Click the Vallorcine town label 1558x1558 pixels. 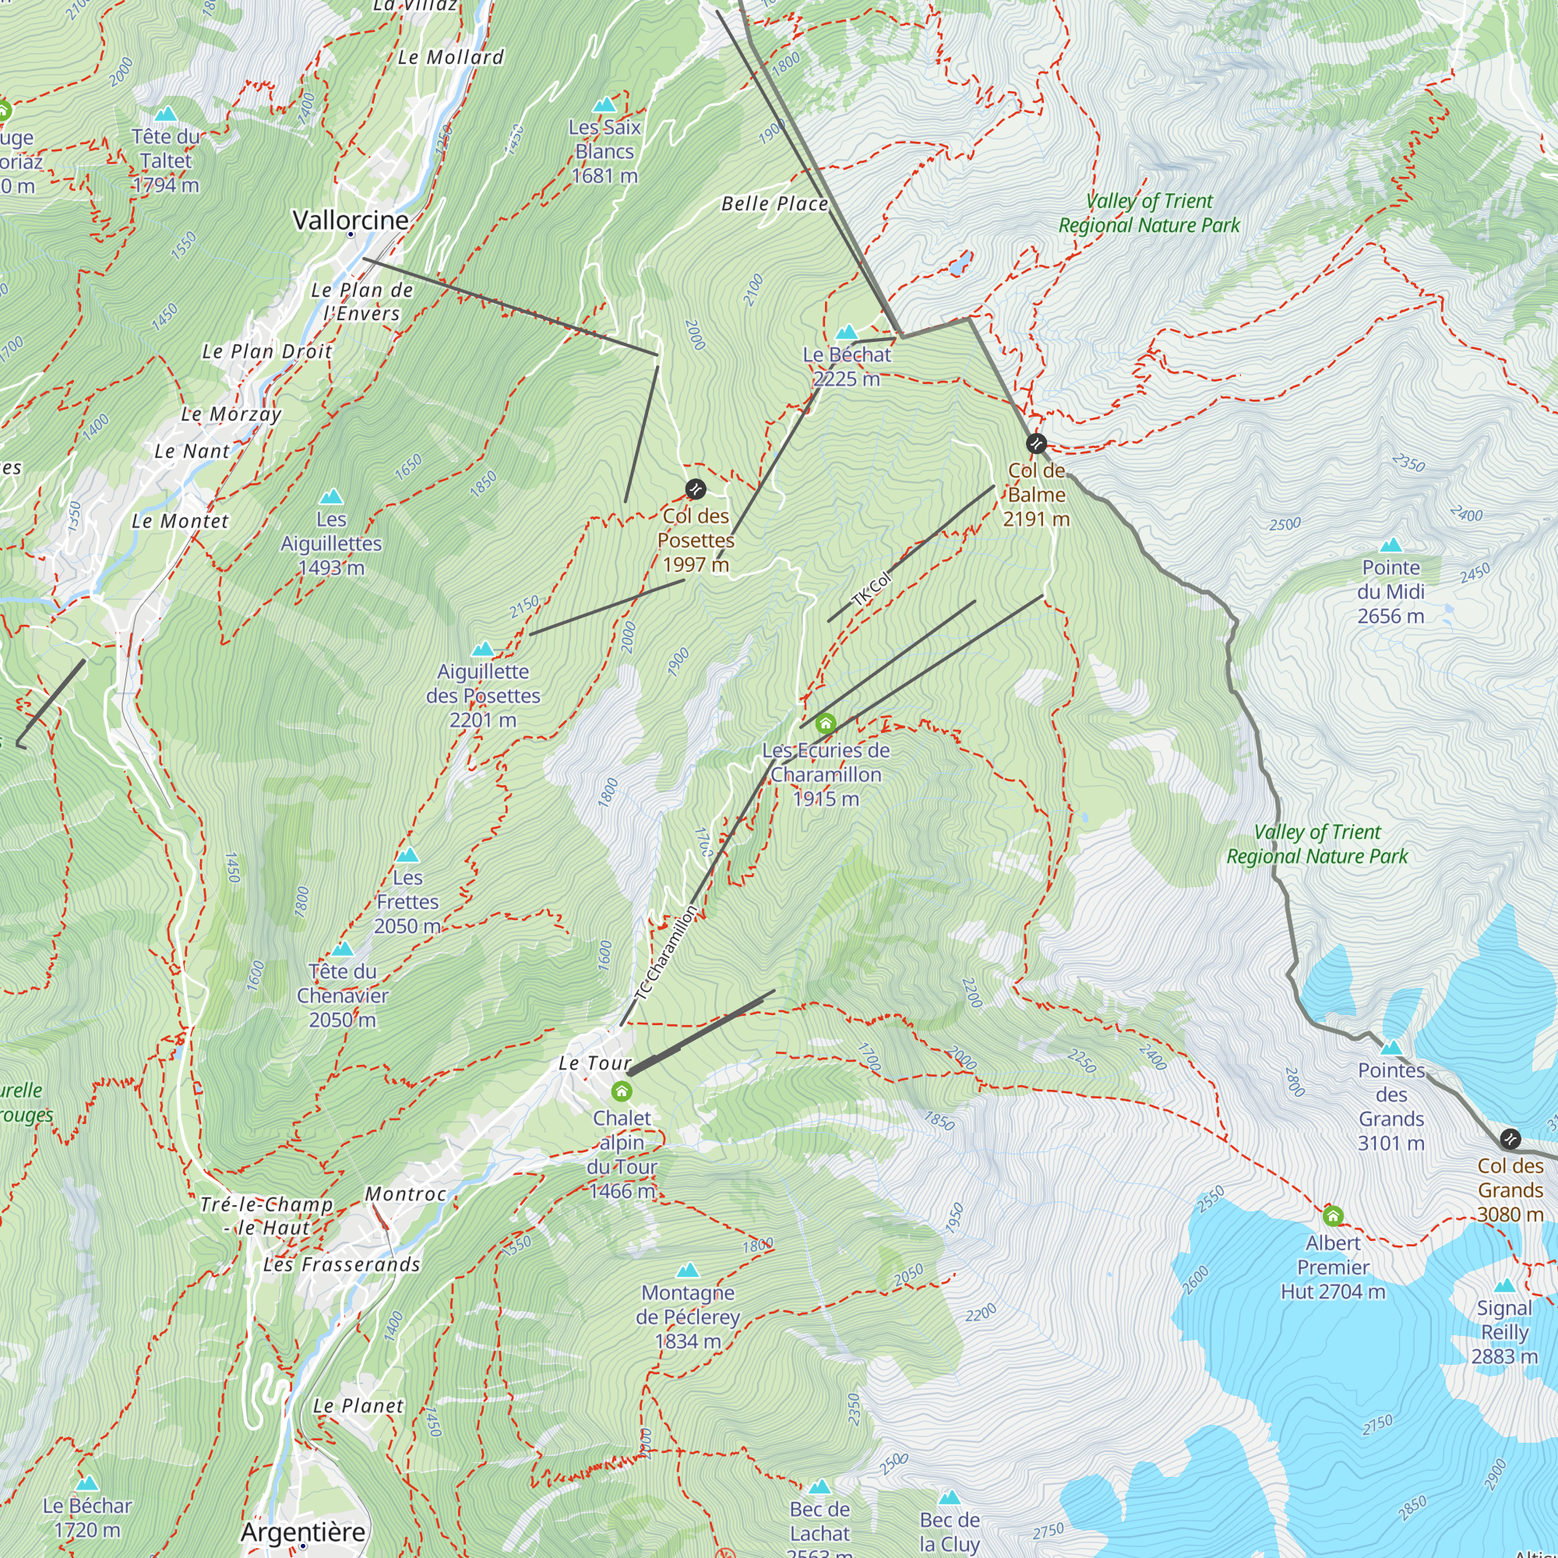point(350,220)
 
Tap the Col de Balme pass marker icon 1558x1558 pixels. point(1036,443)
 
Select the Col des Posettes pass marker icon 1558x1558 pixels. point(695,488)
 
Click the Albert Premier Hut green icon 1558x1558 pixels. point(1333,1215)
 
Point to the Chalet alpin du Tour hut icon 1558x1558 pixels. point(621,1091)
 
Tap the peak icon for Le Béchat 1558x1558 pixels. point(847,333)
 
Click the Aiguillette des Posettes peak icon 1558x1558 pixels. point(482,649)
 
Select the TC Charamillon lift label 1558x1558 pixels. point(666,953)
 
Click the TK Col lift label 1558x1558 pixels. point(872,589)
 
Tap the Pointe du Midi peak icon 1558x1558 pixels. point(1391,545)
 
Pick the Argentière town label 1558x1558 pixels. point(303,1532)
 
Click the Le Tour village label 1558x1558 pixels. point(595,1063)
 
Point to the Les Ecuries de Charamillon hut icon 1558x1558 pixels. point(825,724)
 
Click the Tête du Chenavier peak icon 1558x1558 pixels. point(343,949)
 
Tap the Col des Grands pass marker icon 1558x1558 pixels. point(1510,1139)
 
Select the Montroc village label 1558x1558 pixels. point(406,1194)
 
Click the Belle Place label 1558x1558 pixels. point(775,204)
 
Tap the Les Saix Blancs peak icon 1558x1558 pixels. point(604,105)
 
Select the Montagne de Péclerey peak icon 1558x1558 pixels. point(688,1271)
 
